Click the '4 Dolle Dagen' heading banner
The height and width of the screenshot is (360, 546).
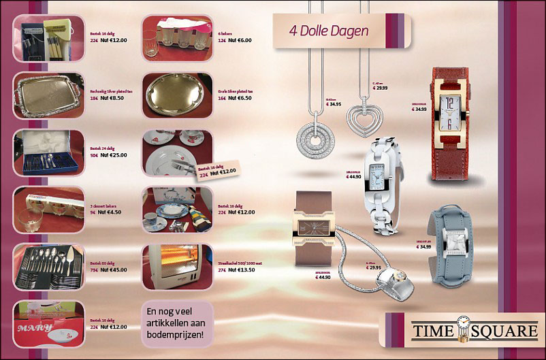(x=330, y=31)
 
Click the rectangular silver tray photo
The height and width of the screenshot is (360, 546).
(x=48, y=96)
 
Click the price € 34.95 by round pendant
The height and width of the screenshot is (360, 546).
(x=333, y=104)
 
